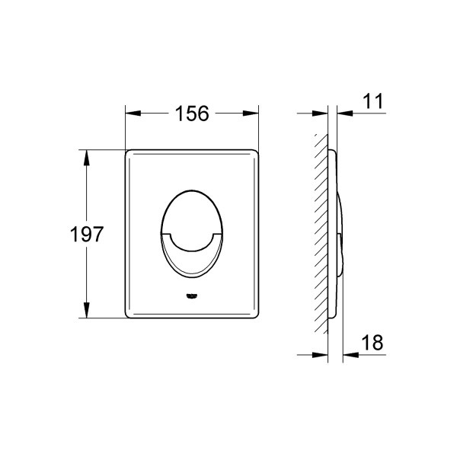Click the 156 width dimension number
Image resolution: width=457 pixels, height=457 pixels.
[192, 113]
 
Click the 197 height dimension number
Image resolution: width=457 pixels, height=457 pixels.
[87, 234]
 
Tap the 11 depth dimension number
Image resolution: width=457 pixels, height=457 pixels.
[372, 101]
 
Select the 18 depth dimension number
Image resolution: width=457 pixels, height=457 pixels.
[372, 342]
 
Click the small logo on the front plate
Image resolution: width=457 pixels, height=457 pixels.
[191, 296]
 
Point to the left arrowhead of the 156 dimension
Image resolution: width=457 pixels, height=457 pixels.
[133, 113]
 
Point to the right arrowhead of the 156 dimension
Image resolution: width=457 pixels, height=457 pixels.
[251, 113]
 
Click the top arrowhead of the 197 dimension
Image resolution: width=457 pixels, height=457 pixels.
[86, 158]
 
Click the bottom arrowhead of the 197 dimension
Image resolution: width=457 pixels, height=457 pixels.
[86, 310]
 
